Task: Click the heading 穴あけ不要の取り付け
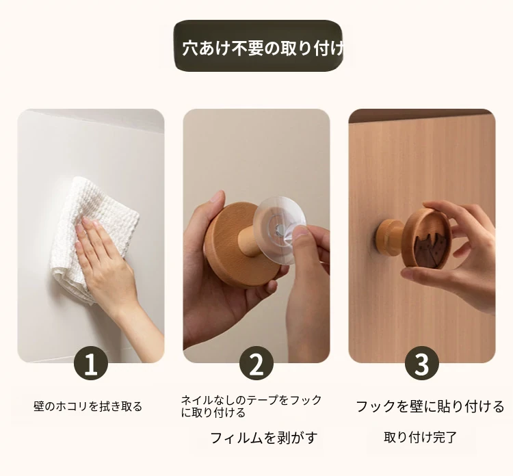(x=263, y=49)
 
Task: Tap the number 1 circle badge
(x=91, y=363)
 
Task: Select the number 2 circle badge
(x=256, y=363)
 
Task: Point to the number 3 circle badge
(x=422, y=363)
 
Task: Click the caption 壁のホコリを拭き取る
(x=88, y=406)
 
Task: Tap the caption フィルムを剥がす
(x=264, y=438)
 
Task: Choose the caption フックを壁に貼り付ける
(x=430, y=407)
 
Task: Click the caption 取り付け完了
(x=420, y=437)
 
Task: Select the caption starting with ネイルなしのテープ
(x=251, y=406)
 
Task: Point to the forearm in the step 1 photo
(x=144, y=330)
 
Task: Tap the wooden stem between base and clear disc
(x=249, y=241)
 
